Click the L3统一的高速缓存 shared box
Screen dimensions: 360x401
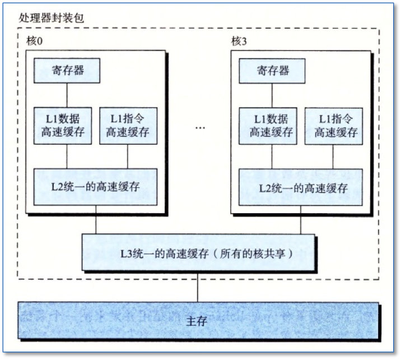pos(199,253)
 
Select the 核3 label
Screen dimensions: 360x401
pos(239,42)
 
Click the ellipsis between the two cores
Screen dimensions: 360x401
pos(200,128)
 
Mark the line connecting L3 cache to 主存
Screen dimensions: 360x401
pos(198,287)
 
